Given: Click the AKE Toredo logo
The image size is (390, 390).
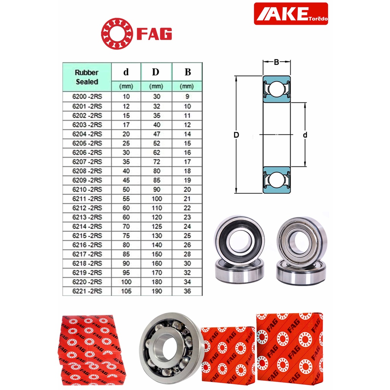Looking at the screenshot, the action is (291, 14).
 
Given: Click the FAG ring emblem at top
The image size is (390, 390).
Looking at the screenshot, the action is (117, 34).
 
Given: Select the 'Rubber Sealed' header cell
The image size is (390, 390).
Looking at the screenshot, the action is (87, 77).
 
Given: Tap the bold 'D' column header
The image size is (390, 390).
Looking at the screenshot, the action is (156, 72).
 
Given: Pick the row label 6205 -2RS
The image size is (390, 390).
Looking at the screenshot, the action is (87, 143).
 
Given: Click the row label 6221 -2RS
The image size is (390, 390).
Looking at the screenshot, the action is (87, 291).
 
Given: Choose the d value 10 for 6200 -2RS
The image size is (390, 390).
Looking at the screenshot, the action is (126, 96).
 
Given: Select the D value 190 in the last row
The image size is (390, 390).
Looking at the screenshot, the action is (157, 291).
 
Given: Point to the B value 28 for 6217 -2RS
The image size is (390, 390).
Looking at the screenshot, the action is (187, 254).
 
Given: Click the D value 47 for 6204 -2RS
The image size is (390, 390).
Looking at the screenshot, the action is (157, 134).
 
